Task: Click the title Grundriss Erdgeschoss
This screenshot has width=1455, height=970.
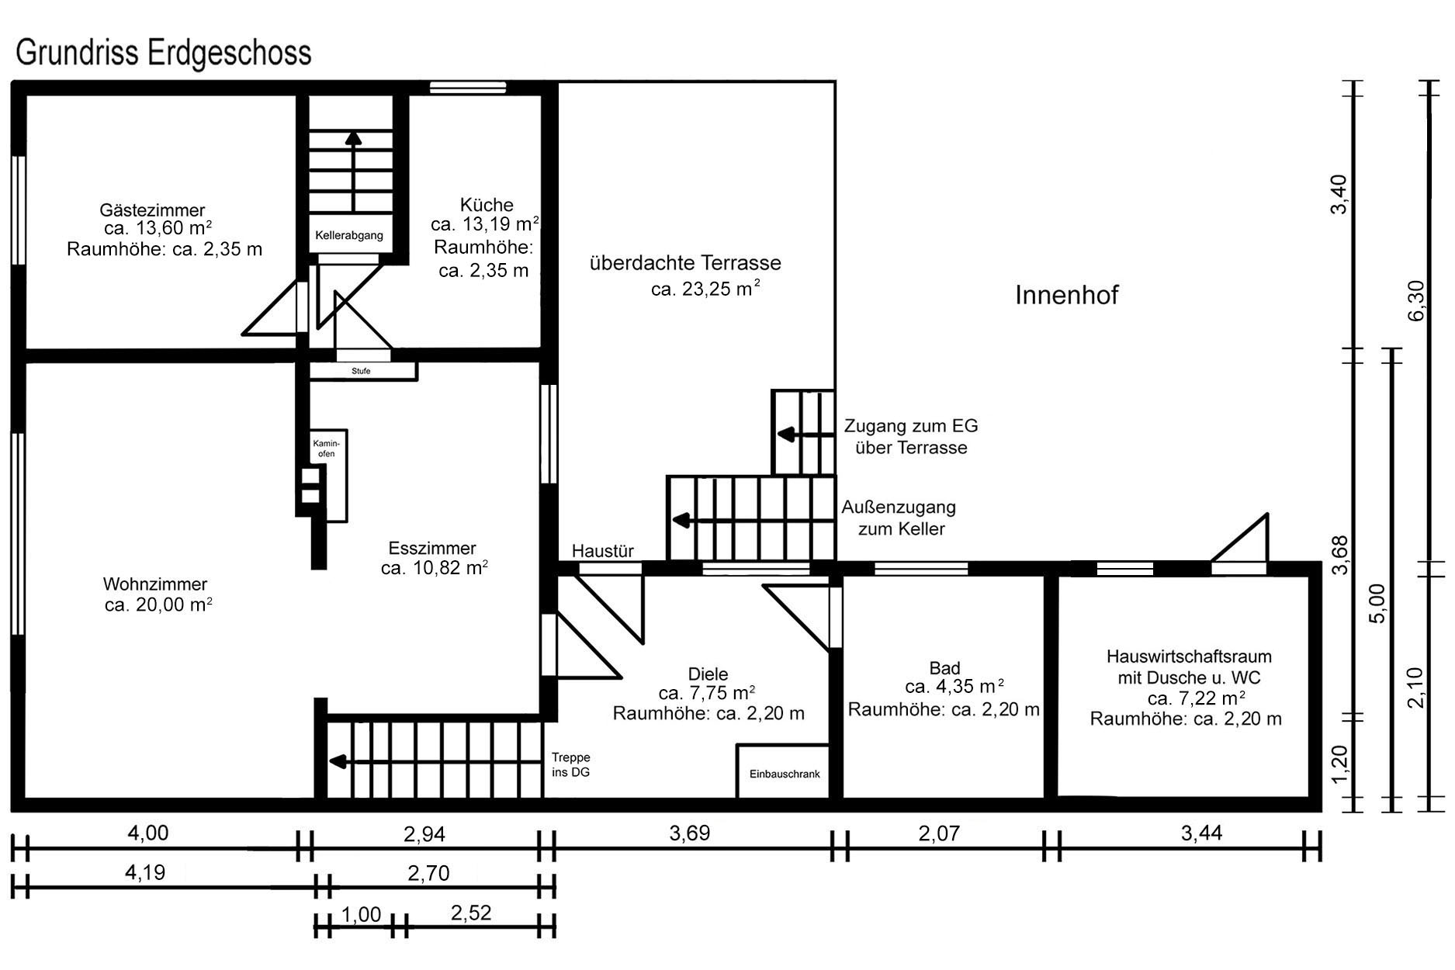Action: point(163,54)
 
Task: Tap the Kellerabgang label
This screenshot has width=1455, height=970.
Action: point(348,235)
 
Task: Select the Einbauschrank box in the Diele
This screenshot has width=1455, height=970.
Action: point(783,771)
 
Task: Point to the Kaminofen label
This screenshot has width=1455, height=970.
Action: point(327,448)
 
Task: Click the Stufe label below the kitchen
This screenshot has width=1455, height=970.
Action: point(361,371)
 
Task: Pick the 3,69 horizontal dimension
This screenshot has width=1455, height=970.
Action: point(689,833)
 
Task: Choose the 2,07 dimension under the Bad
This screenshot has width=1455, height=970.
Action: point(939,833)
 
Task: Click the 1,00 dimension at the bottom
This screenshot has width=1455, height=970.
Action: point(361,914)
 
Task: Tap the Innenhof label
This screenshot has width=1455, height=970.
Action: point(1066,295)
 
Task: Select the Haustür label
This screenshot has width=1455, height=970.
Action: point(603,551)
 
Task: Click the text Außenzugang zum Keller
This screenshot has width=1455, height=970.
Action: point(899,518)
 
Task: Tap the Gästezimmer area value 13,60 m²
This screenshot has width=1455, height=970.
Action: point(158,228)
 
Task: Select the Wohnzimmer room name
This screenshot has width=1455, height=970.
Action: point(155,584)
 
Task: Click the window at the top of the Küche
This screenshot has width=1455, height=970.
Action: point(468,88)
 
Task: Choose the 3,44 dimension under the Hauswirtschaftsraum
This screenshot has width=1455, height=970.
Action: point(1201,833)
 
